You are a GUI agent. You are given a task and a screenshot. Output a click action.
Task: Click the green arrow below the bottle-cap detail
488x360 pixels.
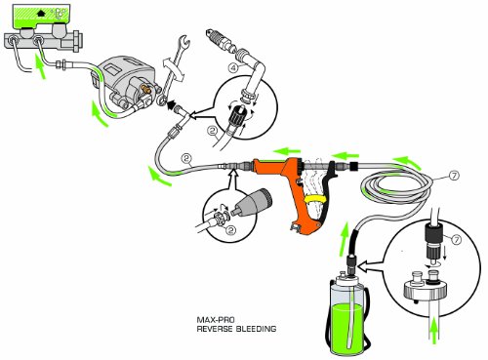430,338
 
